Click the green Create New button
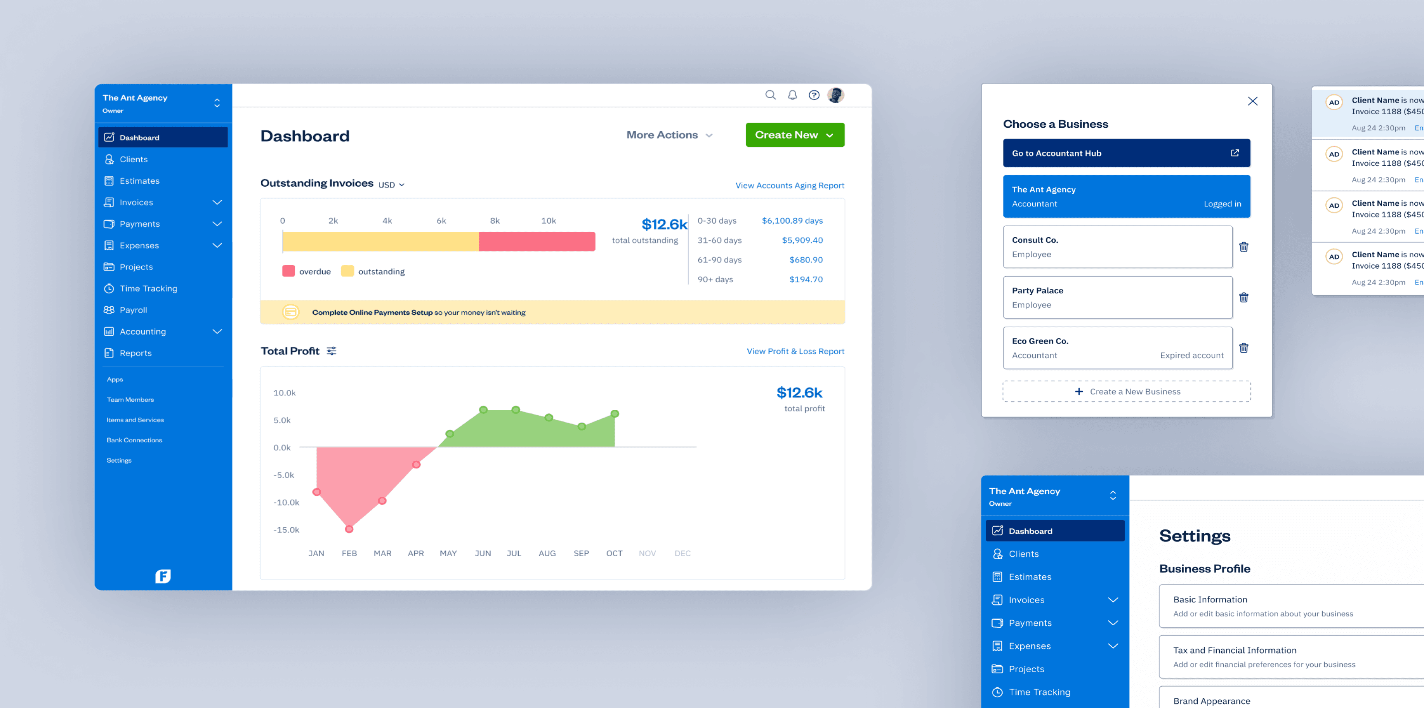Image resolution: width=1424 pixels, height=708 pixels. pos(794,135)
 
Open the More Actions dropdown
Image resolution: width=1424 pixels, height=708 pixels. pos(669,135)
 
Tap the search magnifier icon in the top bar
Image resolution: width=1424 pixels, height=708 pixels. pos(770,95)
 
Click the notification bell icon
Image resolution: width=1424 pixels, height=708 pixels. pos(792,95)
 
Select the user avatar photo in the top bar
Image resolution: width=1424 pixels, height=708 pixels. pos(835,95)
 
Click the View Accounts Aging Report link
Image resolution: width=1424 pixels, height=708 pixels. pos(789,185)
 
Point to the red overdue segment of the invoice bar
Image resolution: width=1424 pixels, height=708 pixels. pos(537,241)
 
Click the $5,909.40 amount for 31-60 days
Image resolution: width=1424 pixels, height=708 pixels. pos(802,240)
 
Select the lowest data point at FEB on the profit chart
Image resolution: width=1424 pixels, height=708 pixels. pos(349,529)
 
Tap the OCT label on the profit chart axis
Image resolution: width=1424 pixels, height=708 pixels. pos(614,553)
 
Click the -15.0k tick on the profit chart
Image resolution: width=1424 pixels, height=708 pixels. pos(287,529)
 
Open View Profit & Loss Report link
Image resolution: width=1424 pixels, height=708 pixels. pos(795,351)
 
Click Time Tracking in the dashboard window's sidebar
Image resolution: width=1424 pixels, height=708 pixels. pos(148,288)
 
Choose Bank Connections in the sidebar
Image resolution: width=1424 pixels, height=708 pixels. pos(134,440)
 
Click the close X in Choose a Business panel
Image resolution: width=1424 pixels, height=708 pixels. pos(1253,101)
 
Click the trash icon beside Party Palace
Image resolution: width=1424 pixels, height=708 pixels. pos(1244,297)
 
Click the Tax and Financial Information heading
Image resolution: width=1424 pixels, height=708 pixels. pos(1235,650)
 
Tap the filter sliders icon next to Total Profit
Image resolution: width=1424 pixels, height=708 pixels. pos(332,351)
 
